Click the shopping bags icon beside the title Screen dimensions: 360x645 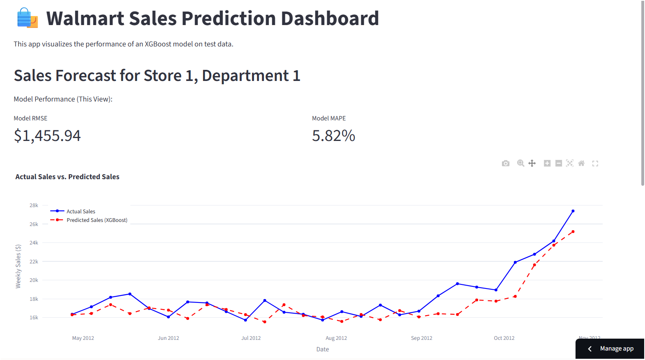27,18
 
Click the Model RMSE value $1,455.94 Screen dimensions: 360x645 47,136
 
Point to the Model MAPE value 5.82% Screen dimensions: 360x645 333,136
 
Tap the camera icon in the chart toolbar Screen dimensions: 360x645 506,164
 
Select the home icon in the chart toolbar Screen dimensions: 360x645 581,164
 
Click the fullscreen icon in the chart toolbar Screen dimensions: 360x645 595,164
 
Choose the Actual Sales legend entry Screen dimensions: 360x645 81,211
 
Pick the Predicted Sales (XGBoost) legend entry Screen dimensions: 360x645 97,220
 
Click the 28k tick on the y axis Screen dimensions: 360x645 34,205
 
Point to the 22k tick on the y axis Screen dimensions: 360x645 34,262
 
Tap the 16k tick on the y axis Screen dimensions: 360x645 34,318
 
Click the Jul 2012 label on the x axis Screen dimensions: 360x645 251,338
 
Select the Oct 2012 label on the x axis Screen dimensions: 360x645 504,338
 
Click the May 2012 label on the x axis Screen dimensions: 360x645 83,338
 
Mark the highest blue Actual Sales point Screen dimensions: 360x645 573,211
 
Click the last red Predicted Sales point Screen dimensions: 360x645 573,232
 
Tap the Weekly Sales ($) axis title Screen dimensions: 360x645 18,266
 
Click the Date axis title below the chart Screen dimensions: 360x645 323,349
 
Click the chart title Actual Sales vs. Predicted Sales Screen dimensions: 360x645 67,177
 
